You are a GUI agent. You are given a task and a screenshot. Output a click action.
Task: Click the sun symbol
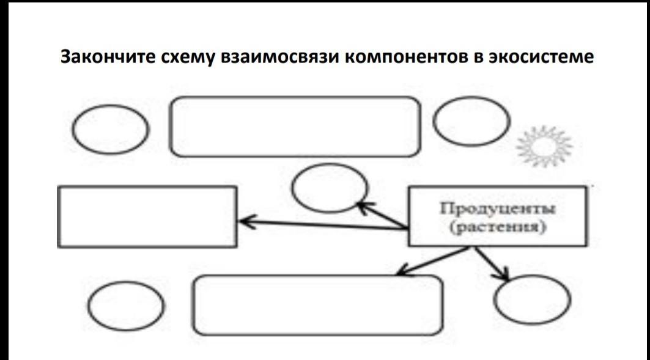tap(544, 145)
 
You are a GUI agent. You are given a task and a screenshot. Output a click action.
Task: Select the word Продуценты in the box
tap(497, 209)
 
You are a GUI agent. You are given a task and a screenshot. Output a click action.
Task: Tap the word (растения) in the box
tap(497, 228)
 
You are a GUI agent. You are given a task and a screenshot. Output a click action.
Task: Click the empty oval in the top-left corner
tap(111, 130)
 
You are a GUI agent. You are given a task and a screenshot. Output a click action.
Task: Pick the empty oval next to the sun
tap(471, 121)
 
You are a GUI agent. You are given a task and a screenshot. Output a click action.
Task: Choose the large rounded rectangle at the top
tap(295, 127)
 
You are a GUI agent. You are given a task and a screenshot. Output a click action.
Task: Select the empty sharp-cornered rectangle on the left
tap(147, 216)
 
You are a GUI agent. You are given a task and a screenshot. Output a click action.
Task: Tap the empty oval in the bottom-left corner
tap(127, 304)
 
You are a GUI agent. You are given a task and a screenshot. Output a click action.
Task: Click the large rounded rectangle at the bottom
tap(318, 304)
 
